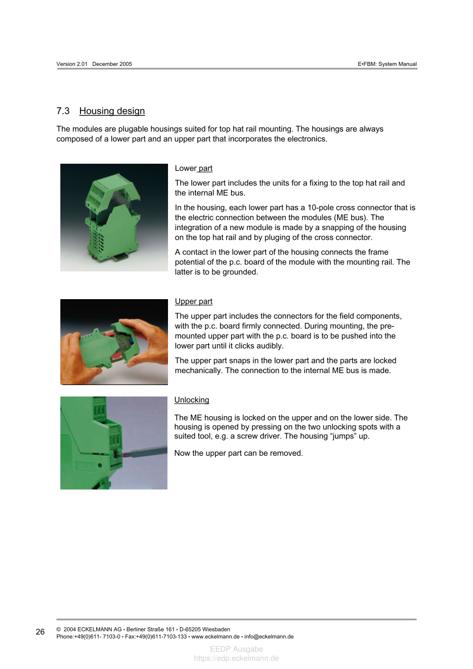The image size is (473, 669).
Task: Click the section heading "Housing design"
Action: [x=112, y=112]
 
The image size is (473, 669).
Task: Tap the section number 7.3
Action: [x=63, y=112]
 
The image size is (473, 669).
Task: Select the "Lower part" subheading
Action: [x=194, y=169]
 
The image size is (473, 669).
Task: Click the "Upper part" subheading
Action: [x=194, y=301]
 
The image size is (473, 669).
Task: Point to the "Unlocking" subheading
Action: [x=191, y=400]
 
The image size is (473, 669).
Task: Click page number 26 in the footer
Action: [x=40, y=632]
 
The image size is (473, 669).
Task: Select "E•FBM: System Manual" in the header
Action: [x=387, y=64]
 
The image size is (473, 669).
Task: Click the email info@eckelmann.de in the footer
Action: [x=269, y=636]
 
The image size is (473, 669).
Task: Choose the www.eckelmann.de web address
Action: [x=216, y=636]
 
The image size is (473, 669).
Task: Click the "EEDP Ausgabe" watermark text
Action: [x=236, y=649]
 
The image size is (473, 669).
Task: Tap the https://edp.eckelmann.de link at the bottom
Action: [x=236, y=658]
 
